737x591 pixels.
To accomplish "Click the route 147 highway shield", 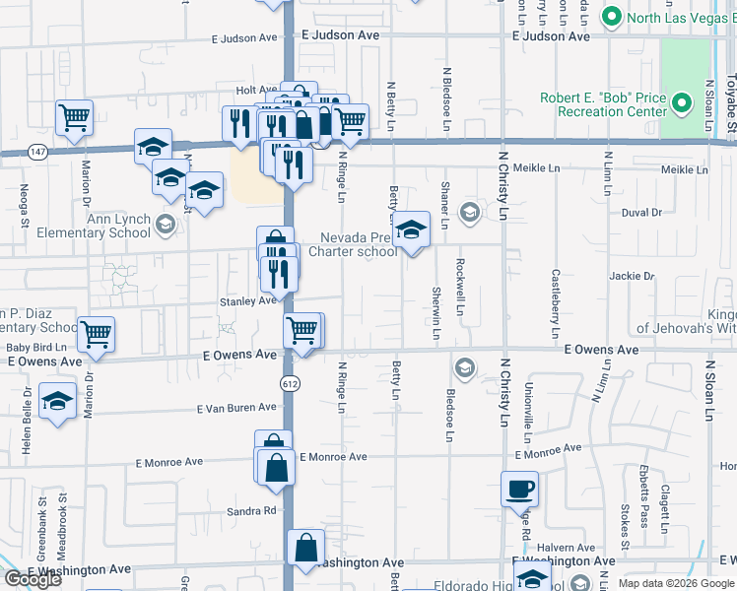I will coord(36,151).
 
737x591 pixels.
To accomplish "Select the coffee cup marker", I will coord(519,489).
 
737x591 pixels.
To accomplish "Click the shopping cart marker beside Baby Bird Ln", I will coord(96,335).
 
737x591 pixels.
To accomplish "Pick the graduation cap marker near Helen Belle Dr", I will coord(58,402).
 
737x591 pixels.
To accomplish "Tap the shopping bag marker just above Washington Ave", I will coord(306,548).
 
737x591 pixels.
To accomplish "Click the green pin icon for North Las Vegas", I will coord(611,17).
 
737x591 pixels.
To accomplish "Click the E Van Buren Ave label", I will coord(236,407).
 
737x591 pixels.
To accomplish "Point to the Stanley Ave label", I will coord(246,300).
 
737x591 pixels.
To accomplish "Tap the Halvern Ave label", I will coord(571,548).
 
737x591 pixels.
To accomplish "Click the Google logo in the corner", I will coord(33,579).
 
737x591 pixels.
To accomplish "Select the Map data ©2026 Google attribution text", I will coord(675,583).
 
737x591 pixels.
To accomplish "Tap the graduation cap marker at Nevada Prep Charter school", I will coord(411,230).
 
